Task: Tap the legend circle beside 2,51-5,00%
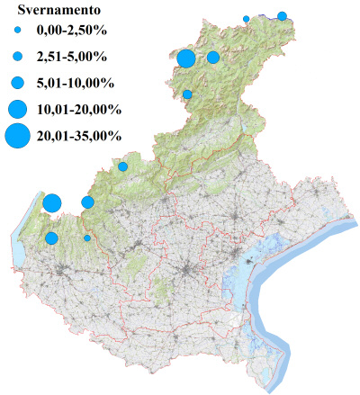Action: tap(17, 57)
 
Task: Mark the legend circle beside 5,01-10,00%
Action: tap(17, 83)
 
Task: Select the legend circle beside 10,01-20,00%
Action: tap(17, 110)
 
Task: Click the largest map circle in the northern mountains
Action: tap(186, 59)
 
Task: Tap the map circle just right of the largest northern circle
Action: tap(213, 58)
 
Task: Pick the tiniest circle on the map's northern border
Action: tap(247, 18)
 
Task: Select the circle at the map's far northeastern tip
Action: tap(282, 15)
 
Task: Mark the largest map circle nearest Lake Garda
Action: tap(51, 202)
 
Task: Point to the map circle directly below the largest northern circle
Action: tap(187, 94)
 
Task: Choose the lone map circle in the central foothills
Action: tap(123, 166)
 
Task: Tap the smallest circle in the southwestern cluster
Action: tap(87, 238)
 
